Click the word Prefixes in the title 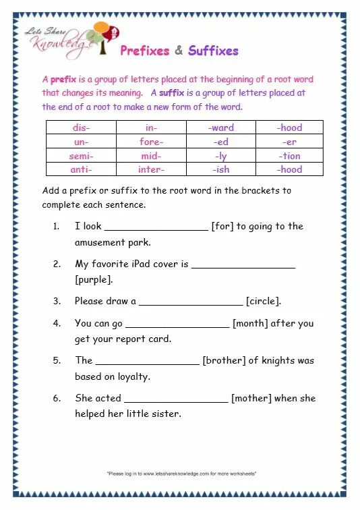pyautogui.click(x=144, y=51)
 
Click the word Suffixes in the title pyautogui.click(x=213, y=51)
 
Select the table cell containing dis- pyautogui.click(x=82, y=128)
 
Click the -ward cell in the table pyautogui.click(x=221, y=128)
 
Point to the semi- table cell pyautogui.click(x=82, y=156)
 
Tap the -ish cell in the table pyautogui.click(x=221, y=170)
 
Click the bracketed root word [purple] pyautogui.click(x=94, y=279)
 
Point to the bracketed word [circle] pyautogui.click(x=264, y=301)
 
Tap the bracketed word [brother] pyautogui.click(x=224, y=360)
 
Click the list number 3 pyautogui.click(x=57, y=301)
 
